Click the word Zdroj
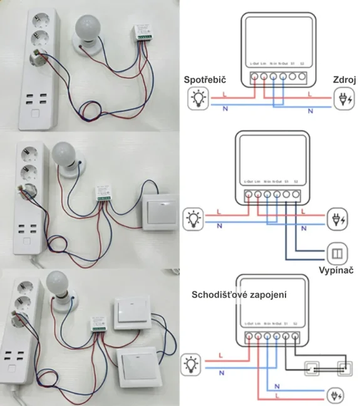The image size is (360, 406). click(x=344, y=80)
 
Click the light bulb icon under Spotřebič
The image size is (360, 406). click(x=197, y=98)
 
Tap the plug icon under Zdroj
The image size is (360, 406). click(x=344, y=98)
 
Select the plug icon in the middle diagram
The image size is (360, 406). click(x=336, y=219)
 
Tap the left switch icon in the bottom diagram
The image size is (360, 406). click(x=311, y=368)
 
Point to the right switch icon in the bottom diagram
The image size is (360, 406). click(x=342, y=368)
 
